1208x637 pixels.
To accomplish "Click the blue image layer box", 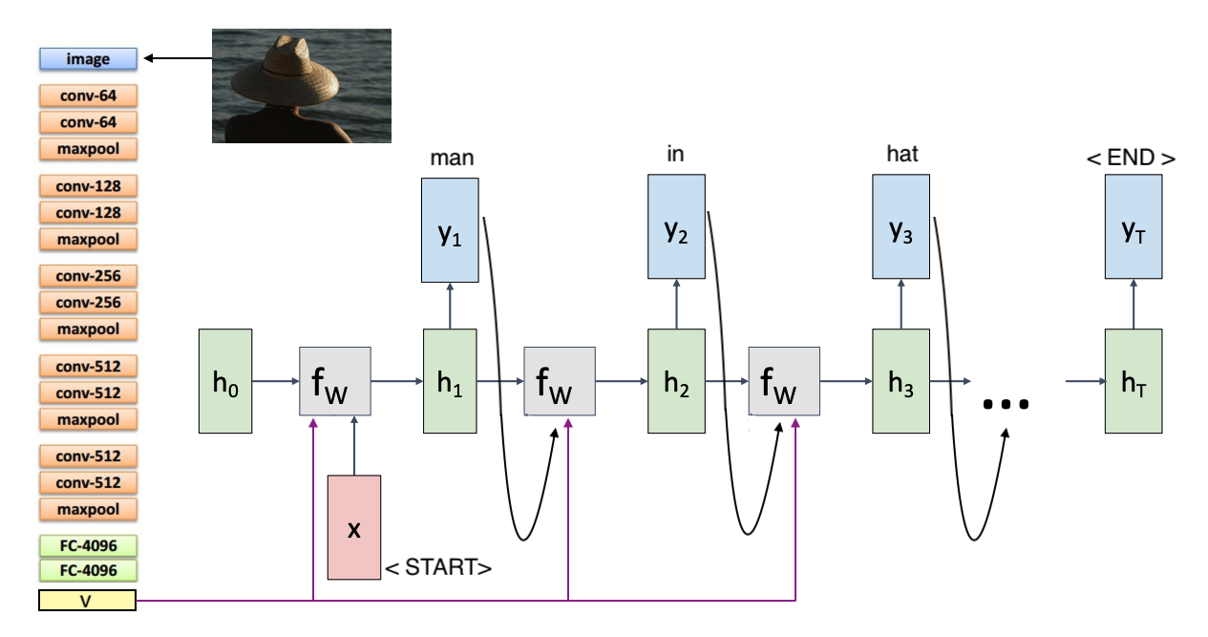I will coord(88,59).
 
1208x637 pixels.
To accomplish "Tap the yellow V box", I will coord(87,602).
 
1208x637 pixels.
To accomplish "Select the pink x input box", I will coord(353,527).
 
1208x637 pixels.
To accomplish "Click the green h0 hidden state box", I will coord(225,381).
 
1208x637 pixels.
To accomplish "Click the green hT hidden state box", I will coord(1134,381).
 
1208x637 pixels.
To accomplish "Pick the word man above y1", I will coord(452,158).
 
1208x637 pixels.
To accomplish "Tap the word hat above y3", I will coord(901,154).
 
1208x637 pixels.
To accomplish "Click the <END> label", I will coord(1132,158).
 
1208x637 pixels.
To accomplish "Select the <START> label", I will coord(438,568).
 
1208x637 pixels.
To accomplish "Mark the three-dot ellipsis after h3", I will coord(1006,404).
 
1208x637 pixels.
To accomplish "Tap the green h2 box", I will coord(676,381).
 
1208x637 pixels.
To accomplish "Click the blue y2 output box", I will coord(676,227).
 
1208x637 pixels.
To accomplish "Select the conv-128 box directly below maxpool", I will coord(88,185).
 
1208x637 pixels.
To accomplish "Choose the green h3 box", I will coord(900,381).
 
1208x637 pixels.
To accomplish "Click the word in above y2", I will coord(675,154).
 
